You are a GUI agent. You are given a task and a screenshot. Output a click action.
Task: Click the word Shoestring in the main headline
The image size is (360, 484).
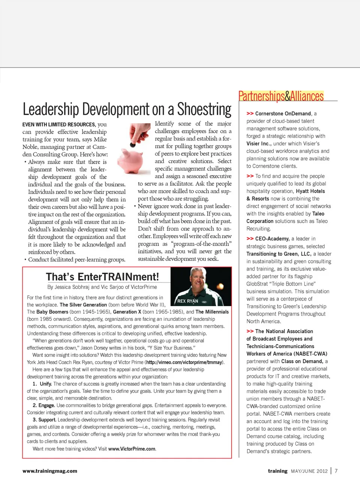pyautogui.click(x=204, y=109)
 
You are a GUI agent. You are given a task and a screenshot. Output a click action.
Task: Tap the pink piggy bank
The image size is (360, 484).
pyautogui.click(x=130, y=159)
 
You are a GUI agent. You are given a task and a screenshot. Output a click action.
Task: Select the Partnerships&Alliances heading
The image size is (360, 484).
pyautogui.click(x=281, y=96)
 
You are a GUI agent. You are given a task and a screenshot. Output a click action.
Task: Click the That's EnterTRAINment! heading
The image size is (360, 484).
pyautogui.click(x=102, y=277)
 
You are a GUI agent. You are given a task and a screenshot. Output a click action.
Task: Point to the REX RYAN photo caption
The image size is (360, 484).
pyautogui.click(x=187, y=301)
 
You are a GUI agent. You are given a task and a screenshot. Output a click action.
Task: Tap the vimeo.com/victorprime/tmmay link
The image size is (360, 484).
pyautogui.click(x=184, y=362)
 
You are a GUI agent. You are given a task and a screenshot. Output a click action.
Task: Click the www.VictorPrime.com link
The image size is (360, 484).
pyautogui.click(x=132, y=449)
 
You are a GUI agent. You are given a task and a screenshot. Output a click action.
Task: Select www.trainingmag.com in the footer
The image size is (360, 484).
pyautogui.click(x=50, y=471)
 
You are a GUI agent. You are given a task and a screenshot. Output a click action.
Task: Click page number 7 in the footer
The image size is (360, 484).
pyautogui.click(x=336, y=471)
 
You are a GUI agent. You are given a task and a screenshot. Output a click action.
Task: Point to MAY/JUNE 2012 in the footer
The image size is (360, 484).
pyautogui.click(x=309, y=471)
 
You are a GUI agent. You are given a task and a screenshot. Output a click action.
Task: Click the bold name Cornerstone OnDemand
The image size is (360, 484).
pyautogui.click(x=283, y=113)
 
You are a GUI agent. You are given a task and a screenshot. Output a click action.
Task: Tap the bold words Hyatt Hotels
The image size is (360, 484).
pyautogui.click(x=310, y=191)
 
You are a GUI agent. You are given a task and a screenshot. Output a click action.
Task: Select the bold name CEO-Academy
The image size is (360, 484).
pyautogui.click(x=272, y=239)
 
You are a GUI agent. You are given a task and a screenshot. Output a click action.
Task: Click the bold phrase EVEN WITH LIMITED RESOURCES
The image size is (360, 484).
pyautogui.click(x=59, y=125)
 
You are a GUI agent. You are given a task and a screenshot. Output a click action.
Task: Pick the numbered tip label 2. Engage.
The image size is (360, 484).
pyautogui.click(x=44, y=405)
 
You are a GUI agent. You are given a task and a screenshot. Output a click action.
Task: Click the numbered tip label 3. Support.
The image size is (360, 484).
pyautogui.click(x=44, y=420)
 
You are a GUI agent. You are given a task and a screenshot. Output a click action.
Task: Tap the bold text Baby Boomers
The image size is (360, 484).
pyautogui.click(x=52, y=312)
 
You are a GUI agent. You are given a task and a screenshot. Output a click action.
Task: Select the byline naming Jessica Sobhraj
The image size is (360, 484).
pyautogui.click(x=102, y=287)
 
